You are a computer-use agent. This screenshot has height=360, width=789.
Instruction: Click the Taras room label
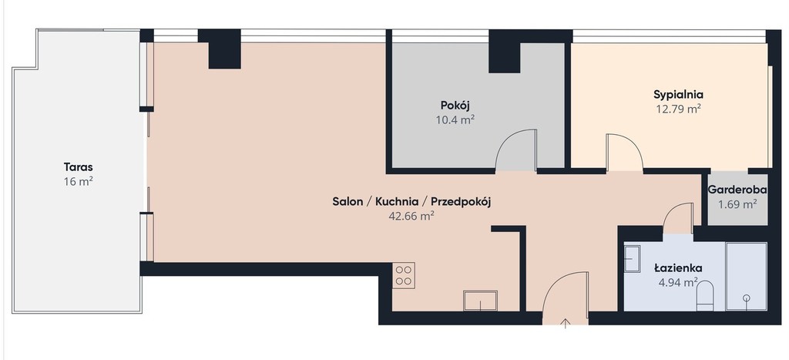(78, 167)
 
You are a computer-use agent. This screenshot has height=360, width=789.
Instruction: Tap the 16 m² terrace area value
(78, 182)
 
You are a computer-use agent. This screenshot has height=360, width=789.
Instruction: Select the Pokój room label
(455, 106)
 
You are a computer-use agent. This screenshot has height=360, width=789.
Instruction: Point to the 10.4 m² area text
(455, 119)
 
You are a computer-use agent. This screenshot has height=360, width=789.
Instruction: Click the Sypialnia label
(678, 94)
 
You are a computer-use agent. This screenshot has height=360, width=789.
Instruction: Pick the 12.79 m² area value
(678, 109)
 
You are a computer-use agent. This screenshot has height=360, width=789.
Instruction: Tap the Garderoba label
(737, 190)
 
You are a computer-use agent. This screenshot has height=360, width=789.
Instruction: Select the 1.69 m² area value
(737, 204)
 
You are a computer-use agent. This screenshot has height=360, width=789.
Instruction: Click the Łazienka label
(678, 267)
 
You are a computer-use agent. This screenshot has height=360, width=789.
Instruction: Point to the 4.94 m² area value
(678, 282)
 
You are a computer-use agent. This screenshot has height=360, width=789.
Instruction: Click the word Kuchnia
(397, 202)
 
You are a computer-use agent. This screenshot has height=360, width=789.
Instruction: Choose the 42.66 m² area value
(411, 217)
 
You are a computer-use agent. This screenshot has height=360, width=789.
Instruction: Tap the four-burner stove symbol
(404, 275)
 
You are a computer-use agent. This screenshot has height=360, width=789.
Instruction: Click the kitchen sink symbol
(480, 301)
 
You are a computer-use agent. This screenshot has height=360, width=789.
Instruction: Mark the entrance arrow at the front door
(565, 323)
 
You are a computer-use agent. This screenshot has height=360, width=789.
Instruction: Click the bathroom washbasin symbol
(632, 259)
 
